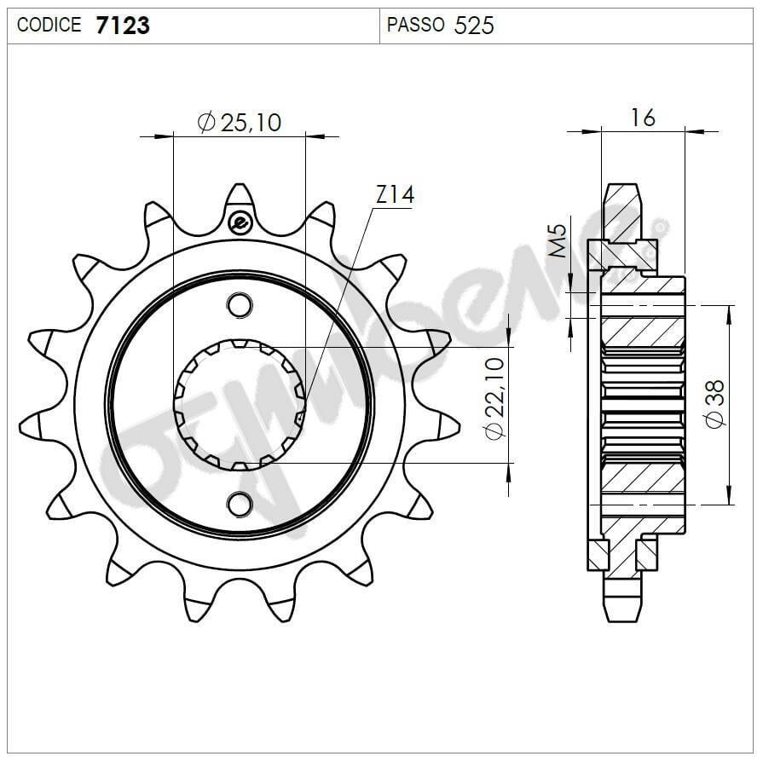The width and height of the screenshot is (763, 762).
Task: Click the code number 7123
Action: (x=123, y=26)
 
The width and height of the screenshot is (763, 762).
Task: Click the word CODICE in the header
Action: (x=49, y=26)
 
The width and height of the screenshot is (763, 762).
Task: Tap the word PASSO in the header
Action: (x=415, y=26)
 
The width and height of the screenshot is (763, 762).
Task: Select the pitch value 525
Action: (x=474, y=26)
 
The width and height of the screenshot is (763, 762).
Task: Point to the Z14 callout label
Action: (x=394, y=195)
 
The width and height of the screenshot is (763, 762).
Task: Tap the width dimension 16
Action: (x=643, y=118)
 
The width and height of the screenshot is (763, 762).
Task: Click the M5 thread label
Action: (x=557, y=240)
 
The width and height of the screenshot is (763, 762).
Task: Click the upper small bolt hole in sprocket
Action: (x=240, y=304)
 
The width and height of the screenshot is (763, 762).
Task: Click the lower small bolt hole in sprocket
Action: (x=240, y=505)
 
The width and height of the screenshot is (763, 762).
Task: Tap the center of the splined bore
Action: (x=240, y=405)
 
